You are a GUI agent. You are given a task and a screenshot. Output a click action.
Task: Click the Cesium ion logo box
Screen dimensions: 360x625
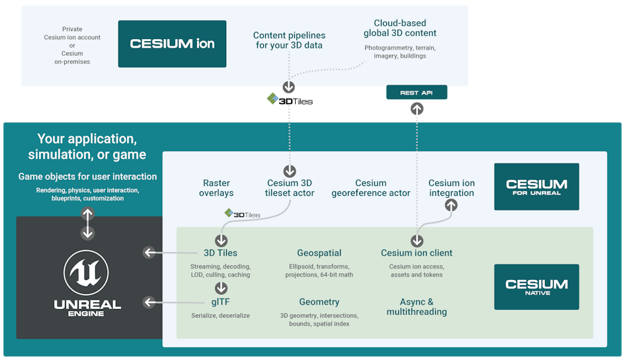[x=172, y=44]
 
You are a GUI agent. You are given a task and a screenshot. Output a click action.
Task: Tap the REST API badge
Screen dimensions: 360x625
[x=417, y=93]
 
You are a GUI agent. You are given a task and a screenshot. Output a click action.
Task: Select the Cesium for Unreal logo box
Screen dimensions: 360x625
[x=536, y=187]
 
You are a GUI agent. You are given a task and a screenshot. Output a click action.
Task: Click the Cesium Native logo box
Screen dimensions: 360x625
[x=536, y=287]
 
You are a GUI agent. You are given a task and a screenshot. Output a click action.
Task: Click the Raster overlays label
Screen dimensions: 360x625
[x=216, y=188]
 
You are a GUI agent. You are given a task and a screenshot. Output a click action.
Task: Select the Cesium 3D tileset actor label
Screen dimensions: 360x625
[x=290, y=188]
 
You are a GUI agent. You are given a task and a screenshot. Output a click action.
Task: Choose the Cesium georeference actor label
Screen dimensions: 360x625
[x=370, y=188]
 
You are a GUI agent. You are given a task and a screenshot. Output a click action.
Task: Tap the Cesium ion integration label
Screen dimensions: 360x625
[x=452, y=188]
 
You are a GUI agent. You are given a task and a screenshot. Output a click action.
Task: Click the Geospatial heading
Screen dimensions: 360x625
[x=319, y=253]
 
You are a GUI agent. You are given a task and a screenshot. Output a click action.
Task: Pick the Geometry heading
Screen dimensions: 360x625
[x=319, y=302]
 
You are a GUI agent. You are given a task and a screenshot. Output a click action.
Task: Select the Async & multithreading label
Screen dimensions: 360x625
[x=417, y=306]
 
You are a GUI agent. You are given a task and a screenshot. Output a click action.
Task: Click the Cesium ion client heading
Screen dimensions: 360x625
[x=417, y=253]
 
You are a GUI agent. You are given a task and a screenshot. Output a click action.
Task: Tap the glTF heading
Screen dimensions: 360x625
[x=221, y=302]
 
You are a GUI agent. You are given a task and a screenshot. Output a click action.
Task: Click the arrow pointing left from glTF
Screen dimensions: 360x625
[x=150, y=302]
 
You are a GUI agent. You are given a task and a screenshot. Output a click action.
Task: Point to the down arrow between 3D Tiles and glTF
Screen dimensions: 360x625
[x=221, y=288]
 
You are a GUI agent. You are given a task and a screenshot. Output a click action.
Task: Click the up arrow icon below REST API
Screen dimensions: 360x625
[x=417, y=109]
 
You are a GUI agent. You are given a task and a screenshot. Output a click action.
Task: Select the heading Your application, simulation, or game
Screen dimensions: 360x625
[x=87, y=147]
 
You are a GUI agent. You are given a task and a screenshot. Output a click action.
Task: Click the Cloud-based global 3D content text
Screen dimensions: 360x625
[x=400, y=28]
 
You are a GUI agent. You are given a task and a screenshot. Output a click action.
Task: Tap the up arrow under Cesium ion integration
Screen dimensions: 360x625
[x=452, y=206]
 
